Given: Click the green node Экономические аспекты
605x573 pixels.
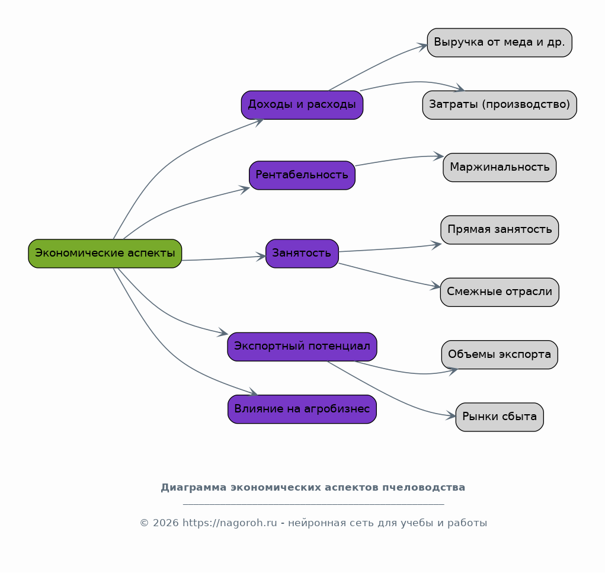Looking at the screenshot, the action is click(x=105, y=254).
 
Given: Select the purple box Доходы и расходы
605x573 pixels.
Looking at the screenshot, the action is click(x=302, y=105).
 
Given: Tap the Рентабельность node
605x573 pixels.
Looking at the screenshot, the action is click(x=302, y=175).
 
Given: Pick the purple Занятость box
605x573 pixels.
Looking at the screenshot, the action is click(x=302, y=254).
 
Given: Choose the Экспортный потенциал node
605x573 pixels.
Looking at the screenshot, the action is click(x=302, y=347).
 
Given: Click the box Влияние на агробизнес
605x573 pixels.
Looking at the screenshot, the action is click(x=302, y=409).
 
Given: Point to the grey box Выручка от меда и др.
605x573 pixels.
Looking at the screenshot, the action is click(x=500, y=43).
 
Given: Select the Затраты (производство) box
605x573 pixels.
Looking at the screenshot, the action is click(x=500, y=105).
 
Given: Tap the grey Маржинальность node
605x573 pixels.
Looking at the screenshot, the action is click(x=500, y=168).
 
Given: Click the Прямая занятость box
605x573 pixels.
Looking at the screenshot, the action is click(x=500, y=230).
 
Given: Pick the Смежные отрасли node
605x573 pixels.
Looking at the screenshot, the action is click(x=500, y=292).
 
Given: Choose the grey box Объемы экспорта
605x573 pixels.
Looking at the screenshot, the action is click(x=500, y=354).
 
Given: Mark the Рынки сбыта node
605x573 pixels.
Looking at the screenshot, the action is click(x=500, y=417).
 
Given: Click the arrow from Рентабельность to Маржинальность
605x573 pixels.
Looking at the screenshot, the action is click(x=399, y=159).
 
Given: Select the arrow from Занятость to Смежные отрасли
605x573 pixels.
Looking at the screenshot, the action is click(x=390, y=276).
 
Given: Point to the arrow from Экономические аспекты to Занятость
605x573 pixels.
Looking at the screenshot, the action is click(x=224, y=258).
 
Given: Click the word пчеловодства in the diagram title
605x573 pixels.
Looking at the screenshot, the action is click(x=424, y=488).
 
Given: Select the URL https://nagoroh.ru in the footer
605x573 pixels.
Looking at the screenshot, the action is click(x=229, y=523).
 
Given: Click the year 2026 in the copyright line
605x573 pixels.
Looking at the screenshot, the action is click(x=166, y=523).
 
